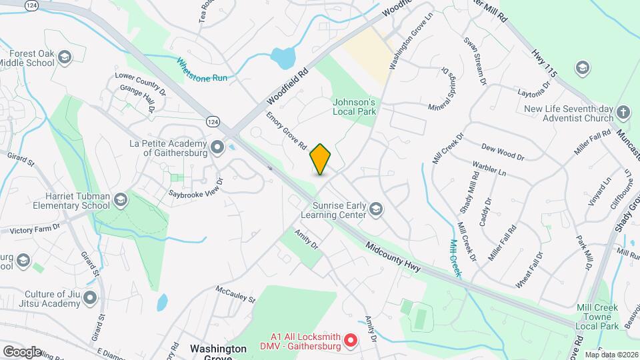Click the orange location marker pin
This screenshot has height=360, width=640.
click(x=321, y=159)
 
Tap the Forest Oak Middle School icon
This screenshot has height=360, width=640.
click(x=65, y=57)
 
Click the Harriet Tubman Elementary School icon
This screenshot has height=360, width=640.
click(x=121, y=199)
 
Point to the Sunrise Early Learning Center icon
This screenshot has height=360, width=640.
click(x=376, y=210)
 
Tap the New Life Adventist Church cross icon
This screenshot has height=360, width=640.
click(x=623, y=113)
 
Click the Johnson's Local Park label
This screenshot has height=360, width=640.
click(x=355, y=107)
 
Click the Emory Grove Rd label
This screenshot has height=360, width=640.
click(x=286, y=130)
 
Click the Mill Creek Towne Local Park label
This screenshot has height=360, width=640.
click(x=598, y=317)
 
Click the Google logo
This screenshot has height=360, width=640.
click(x=22, y=351)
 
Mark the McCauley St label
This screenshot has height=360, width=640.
click(x=235, y=294)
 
